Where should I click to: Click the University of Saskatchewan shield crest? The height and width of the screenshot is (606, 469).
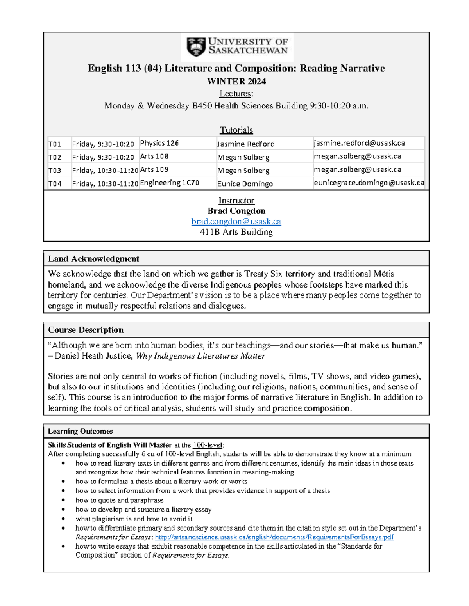tap(196, 47)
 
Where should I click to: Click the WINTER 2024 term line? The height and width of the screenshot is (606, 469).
tap(236, 82)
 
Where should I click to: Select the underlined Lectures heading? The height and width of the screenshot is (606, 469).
tap(236, 94)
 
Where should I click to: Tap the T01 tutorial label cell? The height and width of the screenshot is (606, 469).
tap(55, 144)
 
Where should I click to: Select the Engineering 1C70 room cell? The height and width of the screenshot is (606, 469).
tap(170, 183)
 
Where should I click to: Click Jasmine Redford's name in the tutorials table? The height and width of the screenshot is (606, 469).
tap(246, 144)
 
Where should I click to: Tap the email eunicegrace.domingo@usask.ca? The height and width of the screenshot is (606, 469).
tap(369, 183)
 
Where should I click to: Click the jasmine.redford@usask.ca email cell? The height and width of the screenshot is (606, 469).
tap(359, 143)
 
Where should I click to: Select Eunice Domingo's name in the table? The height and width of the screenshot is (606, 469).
tap(245, 184)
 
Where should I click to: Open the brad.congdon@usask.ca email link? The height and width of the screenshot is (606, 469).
tap(236, 222)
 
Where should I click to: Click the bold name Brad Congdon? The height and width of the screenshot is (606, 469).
tap(236, 211)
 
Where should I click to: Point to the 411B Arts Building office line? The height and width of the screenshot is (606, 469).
tap(236, 232)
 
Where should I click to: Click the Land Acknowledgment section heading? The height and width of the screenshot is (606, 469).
tap(93, 259)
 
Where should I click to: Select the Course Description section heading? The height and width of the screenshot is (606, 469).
tap(86, 330)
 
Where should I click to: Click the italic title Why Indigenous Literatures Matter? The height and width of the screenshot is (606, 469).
tap(200, 356)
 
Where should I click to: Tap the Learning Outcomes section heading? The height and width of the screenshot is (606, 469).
tap(80, 431)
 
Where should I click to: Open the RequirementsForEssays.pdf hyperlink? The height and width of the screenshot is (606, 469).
tap(274, 537)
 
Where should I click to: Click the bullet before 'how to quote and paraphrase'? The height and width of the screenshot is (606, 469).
tap(63, 500)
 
